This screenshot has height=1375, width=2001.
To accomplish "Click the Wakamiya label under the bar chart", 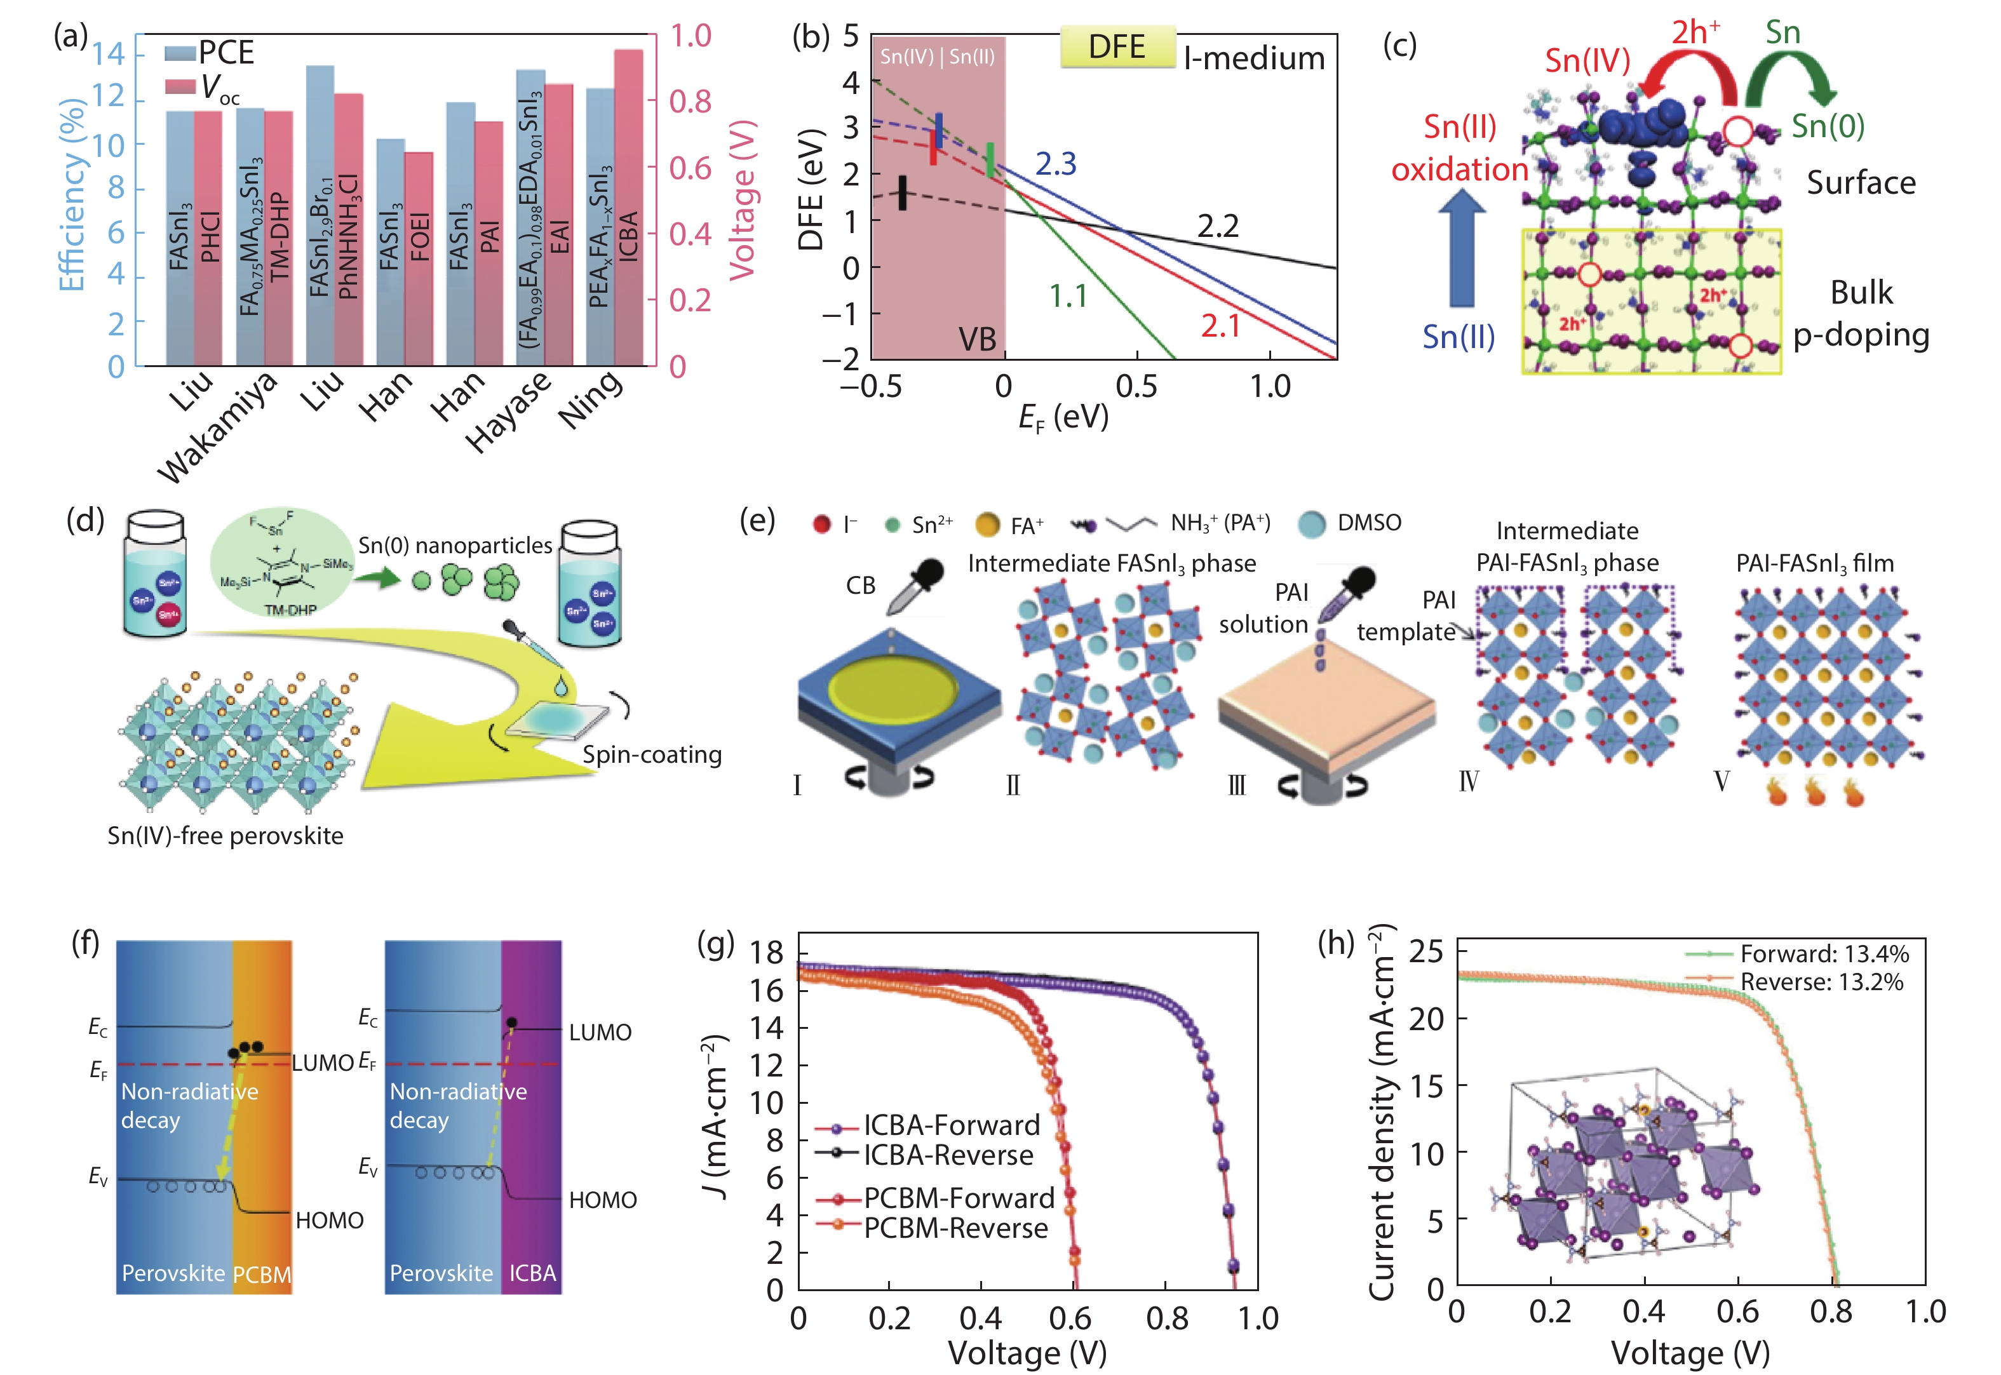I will (218, 427).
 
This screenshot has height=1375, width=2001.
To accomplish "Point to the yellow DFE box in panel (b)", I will (1117, 46).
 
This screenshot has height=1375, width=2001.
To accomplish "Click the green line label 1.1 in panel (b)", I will (1068, 297).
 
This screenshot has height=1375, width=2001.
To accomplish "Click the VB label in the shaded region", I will (977, 339).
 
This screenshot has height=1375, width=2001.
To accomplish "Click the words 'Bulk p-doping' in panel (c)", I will (1861, 314).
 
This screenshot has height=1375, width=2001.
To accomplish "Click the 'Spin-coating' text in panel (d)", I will (652, 755).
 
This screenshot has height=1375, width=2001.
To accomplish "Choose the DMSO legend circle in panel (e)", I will (1312, 524).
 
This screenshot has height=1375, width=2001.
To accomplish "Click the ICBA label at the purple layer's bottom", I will (532, 1273).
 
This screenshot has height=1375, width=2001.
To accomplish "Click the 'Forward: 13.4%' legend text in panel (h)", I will (1824, 954).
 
